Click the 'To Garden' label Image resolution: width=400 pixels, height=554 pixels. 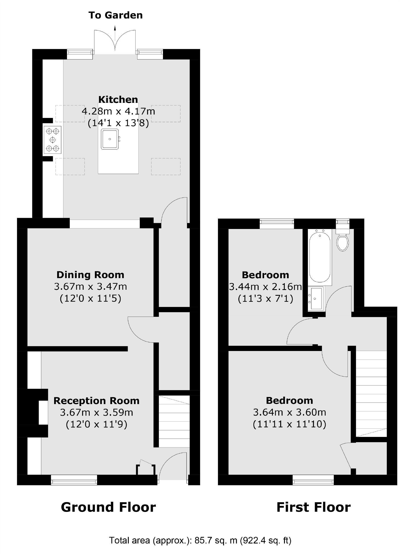pyautogui.click(x=115, y=15)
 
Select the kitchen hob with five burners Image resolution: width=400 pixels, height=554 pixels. pyautogui.click(x=52, y=140)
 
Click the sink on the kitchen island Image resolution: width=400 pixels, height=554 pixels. pyautogui.click(x=110, y=139)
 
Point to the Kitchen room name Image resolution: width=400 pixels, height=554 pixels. pyautogui.click(x=118, y=99)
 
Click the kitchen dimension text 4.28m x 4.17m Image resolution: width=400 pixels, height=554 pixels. pyautogui.click(x=118, y=111)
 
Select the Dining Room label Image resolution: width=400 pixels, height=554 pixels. pyautogui.click(x=90, y=275)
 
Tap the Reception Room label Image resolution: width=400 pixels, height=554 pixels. pyautogui.click(x=97, y=401)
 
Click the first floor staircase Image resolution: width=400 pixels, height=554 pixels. pyautogui.click(x=371, y=394)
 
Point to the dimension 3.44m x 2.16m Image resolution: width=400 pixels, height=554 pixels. pyautogui.click(x=265, y=287)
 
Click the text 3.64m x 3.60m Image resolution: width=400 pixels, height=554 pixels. pyautogui.click(x=290, y=412)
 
